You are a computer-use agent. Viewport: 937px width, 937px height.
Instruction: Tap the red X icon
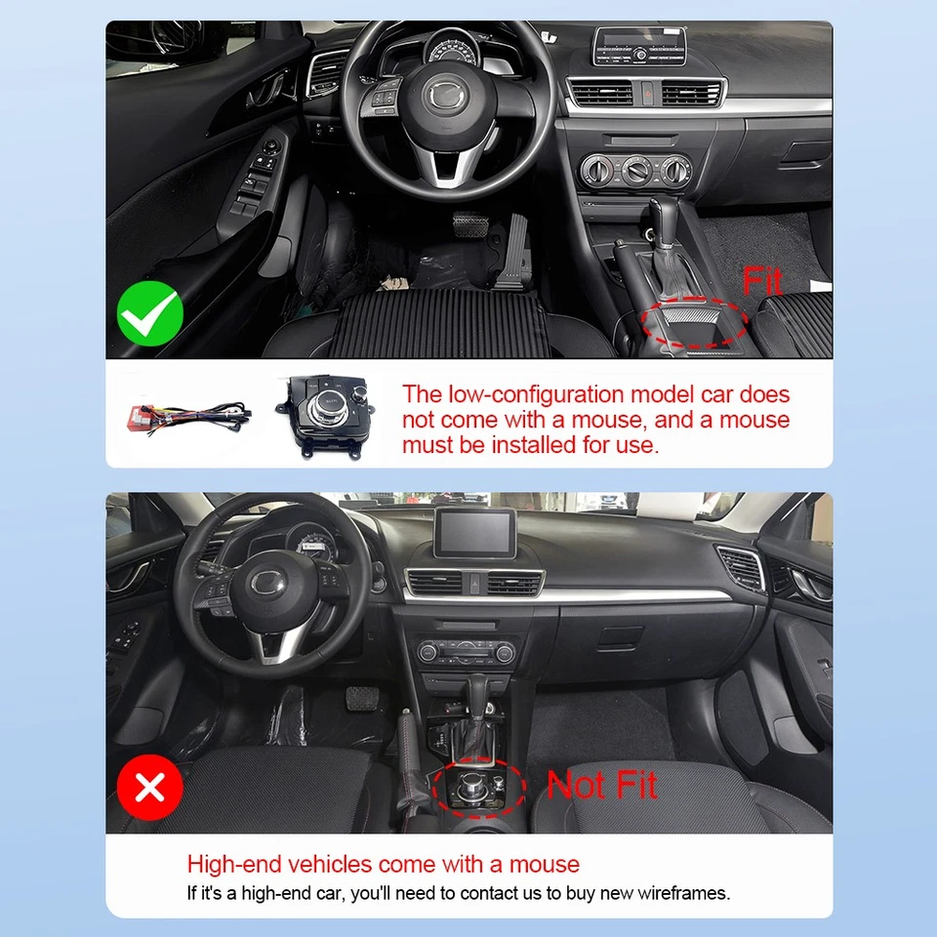(x=150, y=787)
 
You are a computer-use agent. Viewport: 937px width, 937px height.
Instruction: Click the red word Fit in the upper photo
(x=762, y=282)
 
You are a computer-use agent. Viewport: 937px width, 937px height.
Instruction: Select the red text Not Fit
(x=601, y=785)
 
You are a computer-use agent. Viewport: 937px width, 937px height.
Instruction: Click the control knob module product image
(x=327, y=415)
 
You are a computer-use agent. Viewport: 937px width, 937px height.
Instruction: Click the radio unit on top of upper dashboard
(x=639, y=46)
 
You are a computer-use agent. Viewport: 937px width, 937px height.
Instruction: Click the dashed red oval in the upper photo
(x=696, y=321)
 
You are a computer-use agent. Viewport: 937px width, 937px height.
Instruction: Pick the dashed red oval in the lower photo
(x=479, y=786)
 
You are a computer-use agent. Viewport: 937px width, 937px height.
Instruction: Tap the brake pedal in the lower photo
(x=355, y=699)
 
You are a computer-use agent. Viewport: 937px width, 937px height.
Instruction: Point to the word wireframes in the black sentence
(x=683, y=892)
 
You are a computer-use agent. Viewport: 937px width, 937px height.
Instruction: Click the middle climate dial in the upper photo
(x=636, y=171)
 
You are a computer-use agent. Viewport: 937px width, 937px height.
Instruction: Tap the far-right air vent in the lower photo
(x=745, y=566)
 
